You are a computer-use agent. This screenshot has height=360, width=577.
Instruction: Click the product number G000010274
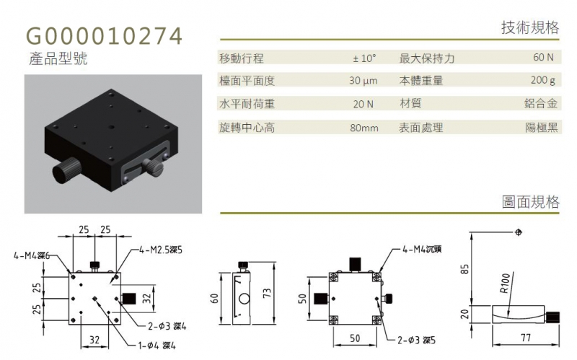point(104,36)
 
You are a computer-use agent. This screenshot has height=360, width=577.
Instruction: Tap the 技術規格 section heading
point(530,27)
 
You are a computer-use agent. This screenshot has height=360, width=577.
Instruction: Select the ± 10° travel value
point(364,58)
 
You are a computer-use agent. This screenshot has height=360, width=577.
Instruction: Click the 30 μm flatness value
point(364,81)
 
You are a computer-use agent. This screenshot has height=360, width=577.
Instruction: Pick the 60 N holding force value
point(543,57)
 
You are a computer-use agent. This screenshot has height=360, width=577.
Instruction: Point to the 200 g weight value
point(543,80)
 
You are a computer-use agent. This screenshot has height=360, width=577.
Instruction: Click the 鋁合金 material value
point(541,103)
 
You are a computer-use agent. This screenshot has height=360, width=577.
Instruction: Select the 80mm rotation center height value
point(364,128)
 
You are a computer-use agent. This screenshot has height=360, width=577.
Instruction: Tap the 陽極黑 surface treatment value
point(542,128)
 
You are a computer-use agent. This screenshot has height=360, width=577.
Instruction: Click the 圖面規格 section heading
point(530,202)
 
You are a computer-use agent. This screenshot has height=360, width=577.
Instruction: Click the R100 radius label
point(506,283)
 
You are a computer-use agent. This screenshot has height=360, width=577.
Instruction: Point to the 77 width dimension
point(526,338)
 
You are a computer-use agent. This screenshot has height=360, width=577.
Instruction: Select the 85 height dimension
point(465,269)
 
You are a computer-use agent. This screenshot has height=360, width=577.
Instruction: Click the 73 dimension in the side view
point(267,293)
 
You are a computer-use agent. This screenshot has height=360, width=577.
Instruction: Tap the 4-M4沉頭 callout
point(422,249)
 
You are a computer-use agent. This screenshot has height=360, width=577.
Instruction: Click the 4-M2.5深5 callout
point(160,250)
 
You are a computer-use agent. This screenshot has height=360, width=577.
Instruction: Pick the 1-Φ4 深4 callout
point(157,346)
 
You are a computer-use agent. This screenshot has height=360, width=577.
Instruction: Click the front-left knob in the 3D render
point(66,170)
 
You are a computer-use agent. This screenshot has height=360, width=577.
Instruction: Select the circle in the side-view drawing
point(245,298)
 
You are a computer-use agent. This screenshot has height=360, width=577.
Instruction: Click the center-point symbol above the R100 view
point(519,232)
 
